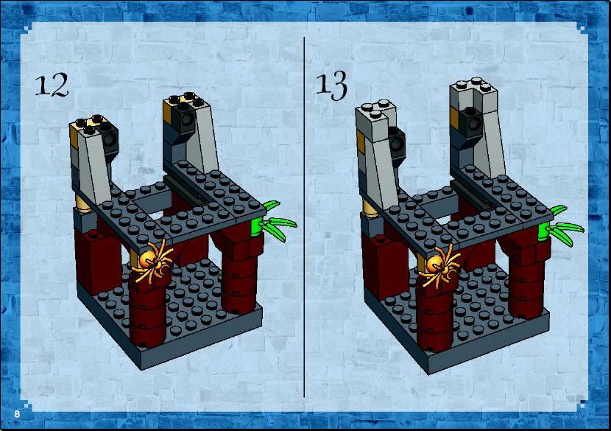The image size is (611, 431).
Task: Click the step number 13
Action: (x=331, y=85)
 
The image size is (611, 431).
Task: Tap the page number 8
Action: (x=17, y=414)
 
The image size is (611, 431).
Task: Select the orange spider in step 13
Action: (x=439, y=266)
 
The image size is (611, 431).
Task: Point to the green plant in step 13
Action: (x=559, y=226)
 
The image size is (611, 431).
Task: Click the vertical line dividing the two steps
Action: (x=304, y=217)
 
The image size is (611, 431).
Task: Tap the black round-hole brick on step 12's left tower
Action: (x=110, y=139)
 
